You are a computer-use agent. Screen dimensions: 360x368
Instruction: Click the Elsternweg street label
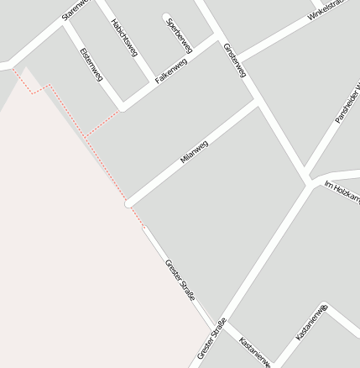pos(90,65)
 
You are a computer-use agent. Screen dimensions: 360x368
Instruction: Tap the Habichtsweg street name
pos(124,38)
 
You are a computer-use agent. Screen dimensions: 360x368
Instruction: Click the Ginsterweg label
pos(234,60)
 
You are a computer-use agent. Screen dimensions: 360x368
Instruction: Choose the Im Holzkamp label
pos(343,192)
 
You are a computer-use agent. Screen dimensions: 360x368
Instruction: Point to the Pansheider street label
pos(347,103)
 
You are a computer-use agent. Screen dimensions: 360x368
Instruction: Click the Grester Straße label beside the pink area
pos(180,280)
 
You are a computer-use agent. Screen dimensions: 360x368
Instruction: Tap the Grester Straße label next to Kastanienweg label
pos(211,339)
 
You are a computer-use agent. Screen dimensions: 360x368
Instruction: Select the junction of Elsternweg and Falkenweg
pos(123,107)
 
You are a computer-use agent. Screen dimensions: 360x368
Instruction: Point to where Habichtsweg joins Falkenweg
pos(152,86)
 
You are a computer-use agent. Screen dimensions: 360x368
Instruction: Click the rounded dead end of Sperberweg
pos(167,16)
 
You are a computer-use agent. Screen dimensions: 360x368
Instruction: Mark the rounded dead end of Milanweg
pos(128,203)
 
